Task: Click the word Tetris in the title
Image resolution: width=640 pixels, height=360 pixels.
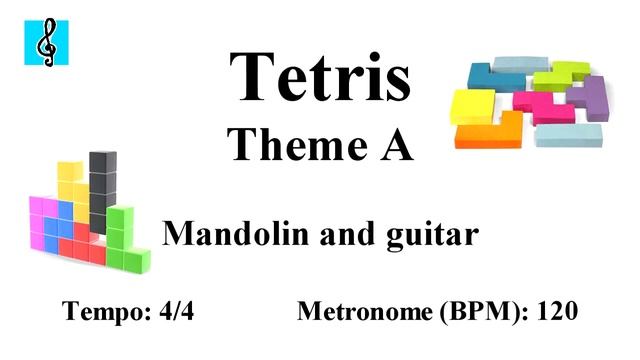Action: [320, 75]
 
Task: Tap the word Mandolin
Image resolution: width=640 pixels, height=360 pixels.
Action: [223, 235]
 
